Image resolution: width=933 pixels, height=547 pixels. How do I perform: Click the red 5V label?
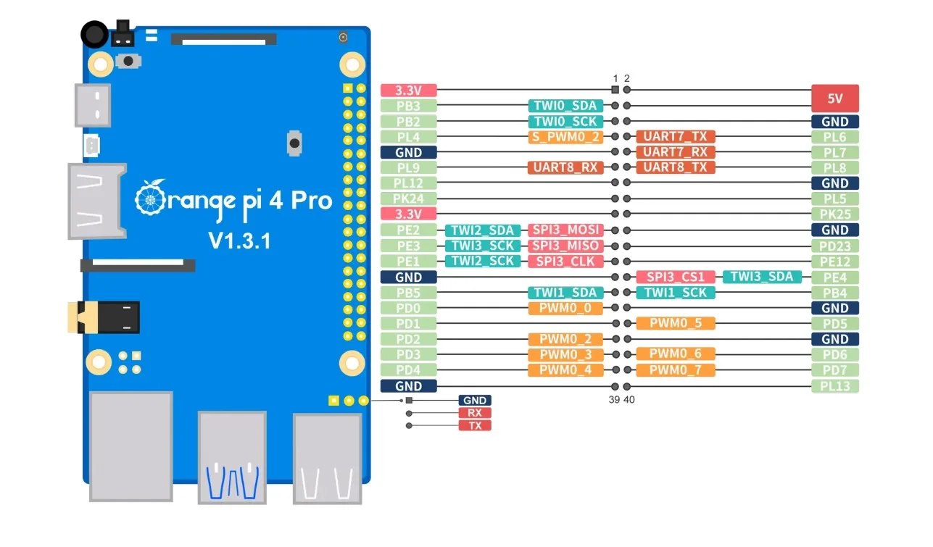tap(834, 98)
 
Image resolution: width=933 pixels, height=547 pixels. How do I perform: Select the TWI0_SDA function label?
tap(565, 106)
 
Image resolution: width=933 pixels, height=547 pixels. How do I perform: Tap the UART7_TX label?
tap(676, 137)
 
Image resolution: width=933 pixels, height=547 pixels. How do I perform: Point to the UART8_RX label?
tap(565, 167)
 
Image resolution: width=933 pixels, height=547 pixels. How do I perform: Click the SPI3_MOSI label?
tap(565, 230)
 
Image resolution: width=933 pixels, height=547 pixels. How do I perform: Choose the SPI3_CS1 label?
tap(676, 277)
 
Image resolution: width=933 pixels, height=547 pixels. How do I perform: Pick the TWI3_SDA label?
tap(762, 277)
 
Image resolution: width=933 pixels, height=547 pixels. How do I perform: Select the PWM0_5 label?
tap(676, 323)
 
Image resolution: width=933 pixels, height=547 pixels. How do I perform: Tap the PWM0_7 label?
tap(676, 370)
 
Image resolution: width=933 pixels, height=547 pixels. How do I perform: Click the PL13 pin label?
tap(834, 386)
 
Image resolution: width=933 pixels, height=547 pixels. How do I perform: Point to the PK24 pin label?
tap(408, 198)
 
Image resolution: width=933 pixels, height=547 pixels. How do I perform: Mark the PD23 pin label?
tap(834, 246)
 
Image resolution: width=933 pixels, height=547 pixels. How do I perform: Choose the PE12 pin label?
tap(834, 262)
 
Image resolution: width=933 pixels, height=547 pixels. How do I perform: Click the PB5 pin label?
tap(408, 293)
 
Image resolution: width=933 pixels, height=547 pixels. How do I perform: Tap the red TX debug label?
tap(475, 425)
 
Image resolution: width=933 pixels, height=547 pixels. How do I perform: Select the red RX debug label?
tap(475, 413)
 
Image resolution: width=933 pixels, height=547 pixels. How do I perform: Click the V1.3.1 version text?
tap(239, 241)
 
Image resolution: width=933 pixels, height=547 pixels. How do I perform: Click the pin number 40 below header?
tap(629, 399)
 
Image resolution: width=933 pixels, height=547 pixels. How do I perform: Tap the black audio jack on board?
tap(105, 317)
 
